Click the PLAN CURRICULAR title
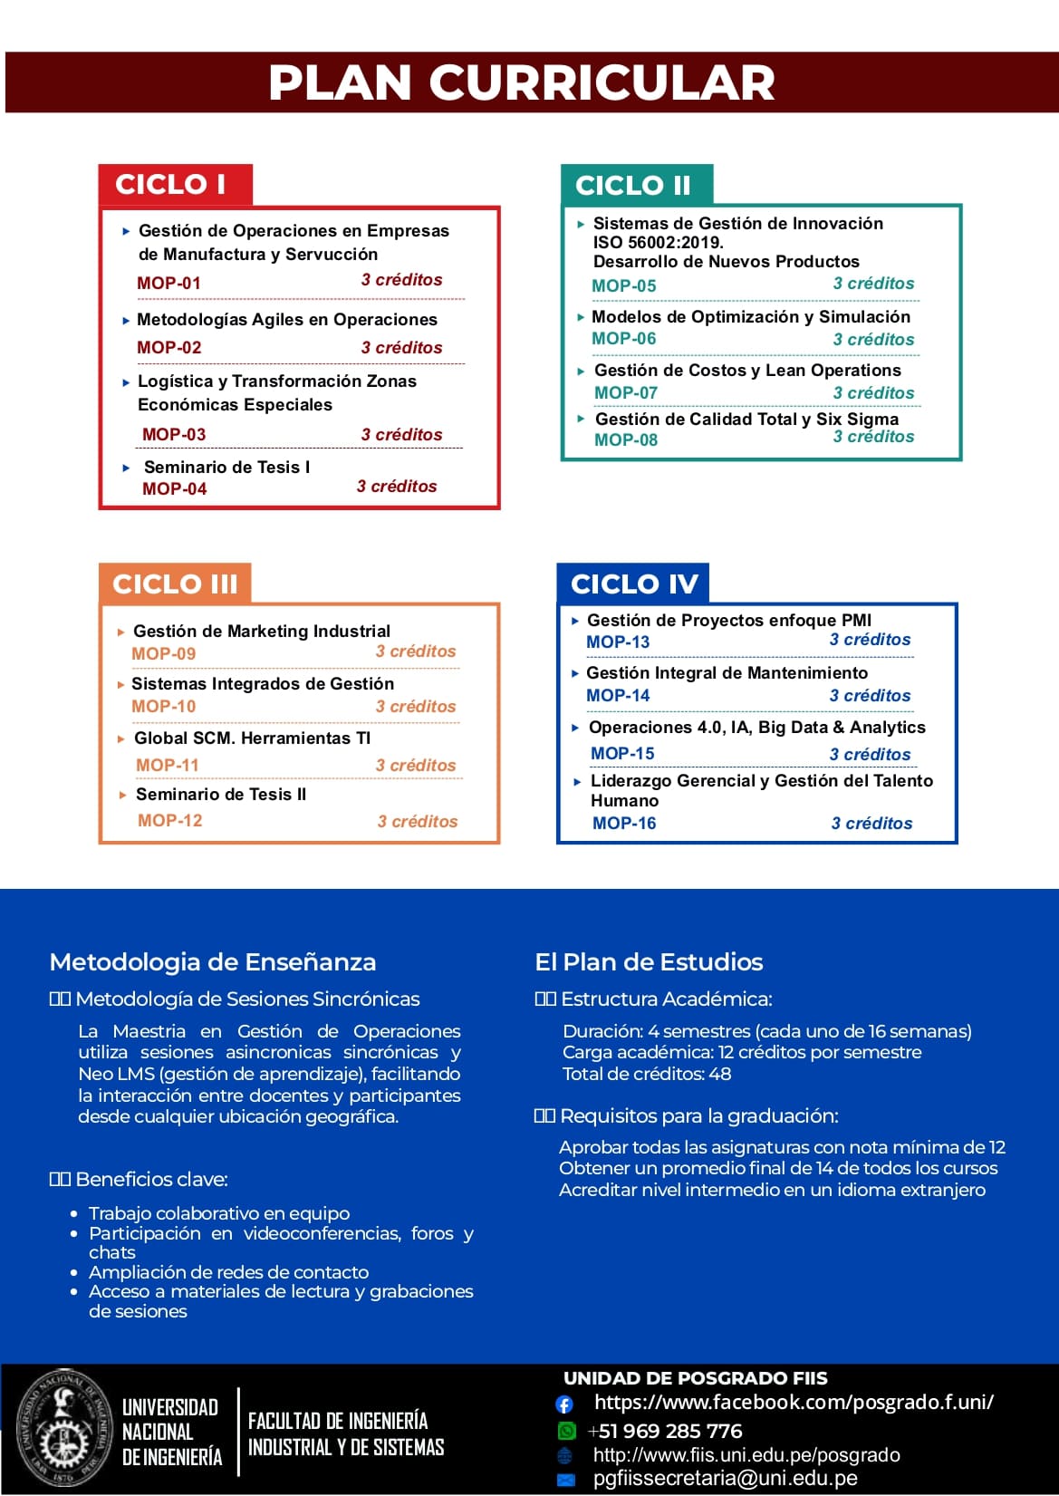point(522,82)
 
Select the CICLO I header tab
point(171,184)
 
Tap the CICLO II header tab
point(633,185)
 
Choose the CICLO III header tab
point(175,584)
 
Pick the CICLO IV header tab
point(634,584)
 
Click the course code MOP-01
point(168,283)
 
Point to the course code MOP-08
point(626,439)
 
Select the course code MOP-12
point(170,820)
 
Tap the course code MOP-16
point(624,823)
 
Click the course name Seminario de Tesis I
point(226,467)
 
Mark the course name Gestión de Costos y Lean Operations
point(747,370)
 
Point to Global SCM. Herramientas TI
point(252,738)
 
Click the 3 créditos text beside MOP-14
point(870,695)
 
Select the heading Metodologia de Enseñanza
point(213,961)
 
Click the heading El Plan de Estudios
point(649,961)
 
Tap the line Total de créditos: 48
point(647,1074)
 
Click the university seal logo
point(61,1420)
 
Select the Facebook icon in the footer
point(564,1404)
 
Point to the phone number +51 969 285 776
point(665,1431)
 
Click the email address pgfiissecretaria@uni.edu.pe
point(725,1479)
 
